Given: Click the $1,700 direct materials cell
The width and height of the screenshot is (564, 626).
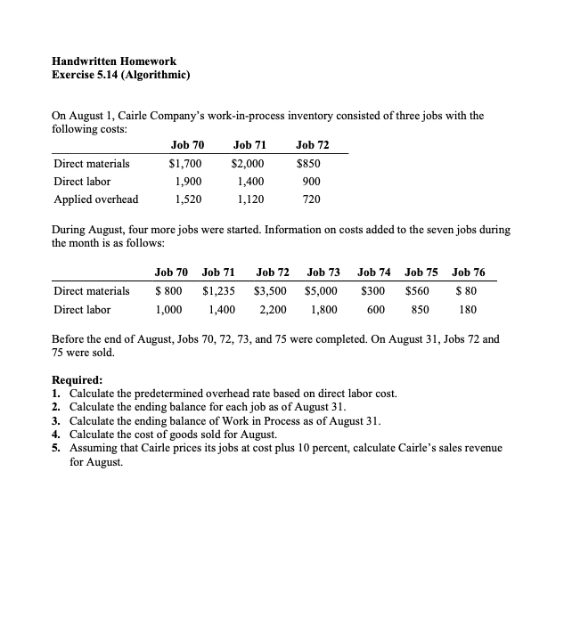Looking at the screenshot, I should click(x=186, y=164).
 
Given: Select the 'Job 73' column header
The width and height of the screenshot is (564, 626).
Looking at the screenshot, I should click(x=323, y=272).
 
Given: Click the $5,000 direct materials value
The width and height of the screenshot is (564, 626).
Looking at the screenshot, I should click(x=322, y=290).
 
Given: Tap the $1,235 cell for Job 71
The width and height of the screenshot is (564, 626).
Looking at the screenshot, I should click(x=219, y=290).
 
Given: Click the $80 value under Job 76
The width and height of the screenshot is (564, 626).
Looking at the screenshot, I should click(x=467, y=290).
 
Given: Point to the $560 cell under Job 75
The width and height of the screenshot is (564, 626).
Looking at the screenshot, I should click(x=417, y=290).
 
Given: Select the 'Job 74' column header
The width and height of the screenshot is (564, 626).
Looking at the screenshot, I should click(x=374, y=272).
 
